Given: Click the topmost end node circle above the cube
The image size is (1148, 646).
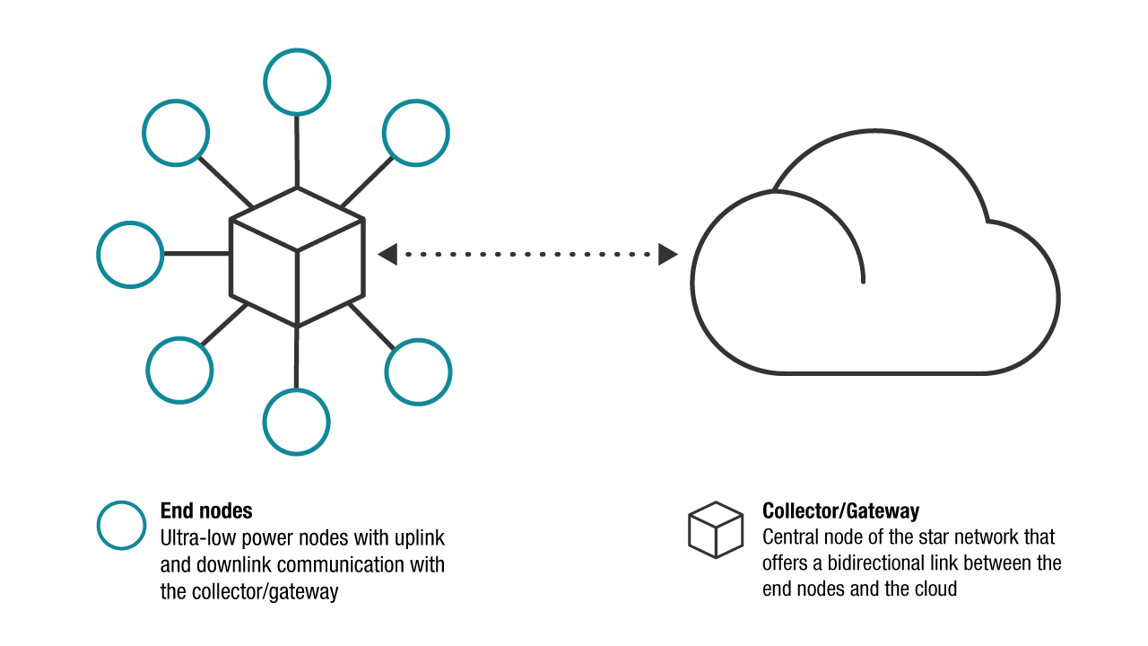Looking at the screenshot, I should point(297,82).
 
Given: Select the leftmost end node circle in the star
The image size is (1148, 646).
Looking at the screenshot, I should point(130,254).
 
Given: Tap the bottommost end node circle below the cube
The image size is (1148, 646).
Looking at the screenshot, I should point(297,423).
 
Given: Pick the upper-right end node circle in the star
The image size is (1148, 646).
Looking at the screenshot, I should point(415,133).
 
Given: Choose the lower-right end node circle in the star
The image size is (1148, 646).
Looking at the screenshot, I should point(418,371).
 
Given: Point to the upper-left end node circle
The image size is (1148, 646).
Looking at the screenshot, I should point(176,132).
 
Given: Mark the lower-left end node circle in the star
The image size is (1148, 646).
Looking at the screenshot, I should point(179,370).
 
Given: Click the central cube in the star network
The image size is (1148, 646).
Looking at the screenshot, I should point(298,257).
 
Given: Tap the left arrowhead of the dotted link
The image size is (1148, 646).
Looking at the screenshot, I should point(387,254).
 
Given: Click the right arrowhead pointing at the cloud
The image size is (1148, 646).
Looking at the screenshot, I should point(667,254).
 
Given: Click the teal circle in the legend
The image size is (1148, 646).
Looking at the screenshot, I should point(121,525).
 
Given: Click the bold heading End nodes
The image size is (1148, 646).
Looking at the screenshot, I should point(206,511).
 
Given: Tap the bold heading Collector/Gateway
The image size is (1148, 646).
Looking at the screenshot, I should point(840,511).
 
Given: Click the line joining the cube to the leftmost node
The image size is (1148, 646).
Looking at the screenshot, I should point(197,254).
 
